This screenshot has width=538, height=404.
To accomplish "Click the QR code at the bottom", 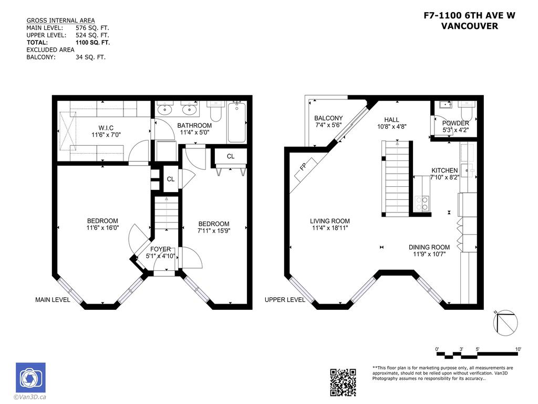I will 343,382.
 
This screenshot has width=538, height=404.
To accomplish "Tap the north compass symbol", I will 506,322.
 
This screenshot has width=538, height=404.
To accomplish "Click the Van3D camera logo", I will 30,377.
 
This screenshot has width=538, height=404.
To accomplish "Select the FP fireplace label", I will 303,168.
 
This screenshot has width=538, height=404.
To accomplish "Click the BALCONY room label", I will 328,118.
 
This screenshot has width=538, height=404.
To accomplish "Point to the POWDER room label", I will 455,123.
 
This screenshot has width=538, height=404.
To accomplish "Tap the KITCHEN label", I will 444,170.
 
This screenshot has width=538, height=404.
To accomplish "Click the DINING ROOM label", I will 429,247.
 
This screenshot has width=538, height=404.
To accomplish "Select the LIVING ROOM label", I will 329,221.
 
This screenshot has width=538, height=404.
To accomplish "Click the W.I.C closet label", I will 106,128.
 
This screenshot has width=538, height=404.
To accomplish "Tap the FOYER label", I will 160,249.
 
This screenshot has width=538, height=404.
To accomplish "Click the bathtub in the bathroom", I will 237,122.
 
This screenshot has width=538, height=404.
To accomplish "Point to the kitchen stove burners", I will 422,203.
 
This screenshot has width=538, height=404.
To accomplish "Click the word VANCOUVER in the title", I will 469,26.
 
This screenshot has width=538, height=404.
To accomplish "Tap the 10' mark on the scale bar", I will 518,349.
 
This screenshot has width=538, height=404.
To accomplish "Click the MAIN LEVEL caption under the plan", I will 53,300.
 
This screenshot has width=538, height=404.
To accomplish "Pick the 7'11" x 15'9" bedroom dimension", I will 213,230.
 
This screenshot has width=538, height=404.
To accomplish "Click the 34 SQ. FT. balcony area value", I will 90,57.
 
